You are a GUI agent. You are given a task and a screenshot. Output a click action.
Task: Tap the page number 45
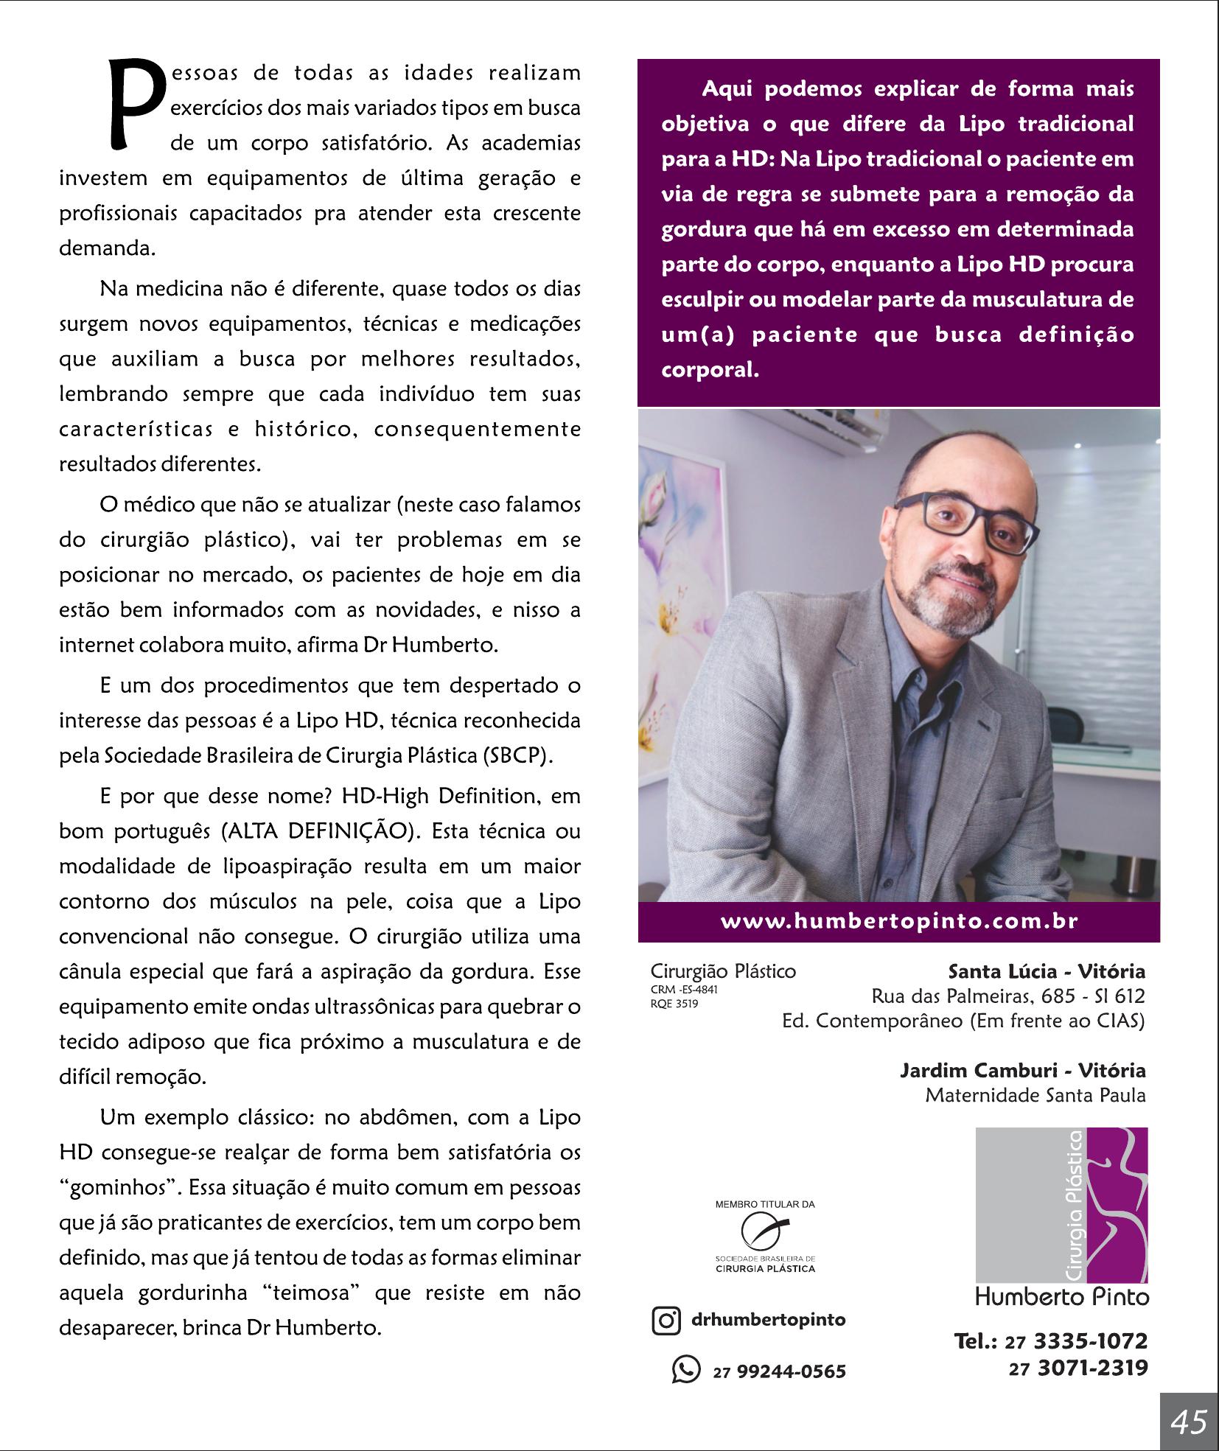coord(1188,1422)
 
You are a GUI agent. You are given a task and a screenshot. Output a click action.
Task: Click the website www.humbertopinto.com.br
coord(899,922)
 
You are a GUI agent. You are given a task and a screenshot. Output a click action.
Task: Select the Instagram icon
coord(666,1320)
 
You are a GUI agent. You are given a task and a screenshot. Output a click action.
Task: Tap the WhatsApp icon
coord(685,1369)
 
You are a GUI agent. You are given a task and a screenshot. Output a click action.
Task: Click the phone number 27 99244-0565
coord(780,1371)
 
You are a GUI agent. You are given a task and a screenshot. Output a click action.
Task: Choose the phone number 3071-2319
coord(1092,1368)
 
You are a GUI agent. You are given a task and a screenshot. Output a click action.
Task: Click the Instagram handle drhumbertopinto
coord(768,1320)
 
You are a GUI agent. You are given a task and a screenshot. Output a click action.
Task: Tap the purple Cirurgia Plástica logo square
coord(1061,1205)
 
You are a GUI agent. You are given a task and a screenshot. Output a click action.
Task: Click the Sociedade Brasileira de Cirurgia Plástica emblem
coord(765,1231)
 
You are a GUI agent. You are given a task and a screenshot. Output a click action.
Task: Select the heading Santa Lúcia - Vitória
coord(1047,971)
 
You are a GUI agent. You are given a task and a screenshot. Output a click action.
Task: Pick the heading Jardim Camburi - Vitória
coord(1022,1070)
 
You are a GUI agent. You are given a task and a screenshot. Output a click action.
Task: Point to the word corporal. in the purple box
coord(710,369)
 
